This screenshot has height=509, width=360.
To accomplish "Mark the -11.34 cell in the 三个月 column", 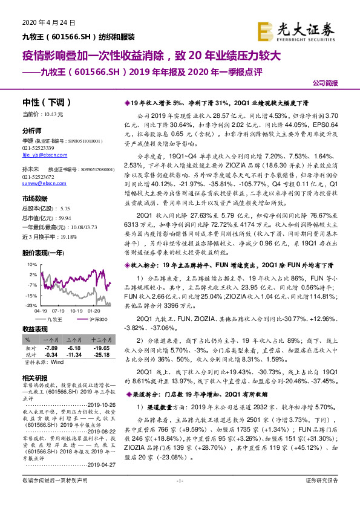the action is tap(73, 355).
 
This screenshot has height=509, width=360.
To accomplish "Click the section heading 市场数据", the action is tap(34, 198).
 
